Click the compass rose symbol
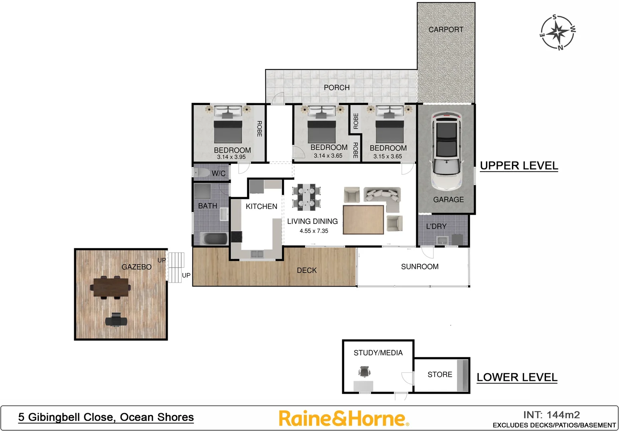[558, 32]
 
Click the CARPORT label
[446, 30]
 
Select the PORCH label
[336, 87]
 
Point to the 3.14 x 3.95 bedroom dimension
[231, 157]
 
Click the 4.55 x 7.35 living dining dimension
[314, 231]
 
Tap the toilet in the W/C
[202, 173]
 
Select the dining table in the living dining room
[306, 197]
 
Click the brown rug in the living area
[363, 219]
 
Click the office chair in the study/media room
[364, 372]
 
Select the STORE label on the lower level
[440, 375]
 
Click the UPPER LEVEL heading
[518, 166]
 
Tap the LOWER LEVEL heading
[517, 377]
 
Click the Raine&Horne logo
[343, 419]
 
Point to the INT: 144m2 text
[551, 415]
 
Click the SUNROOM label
[419, 267]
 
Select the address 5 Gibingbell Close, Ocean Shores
[106, 417]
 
